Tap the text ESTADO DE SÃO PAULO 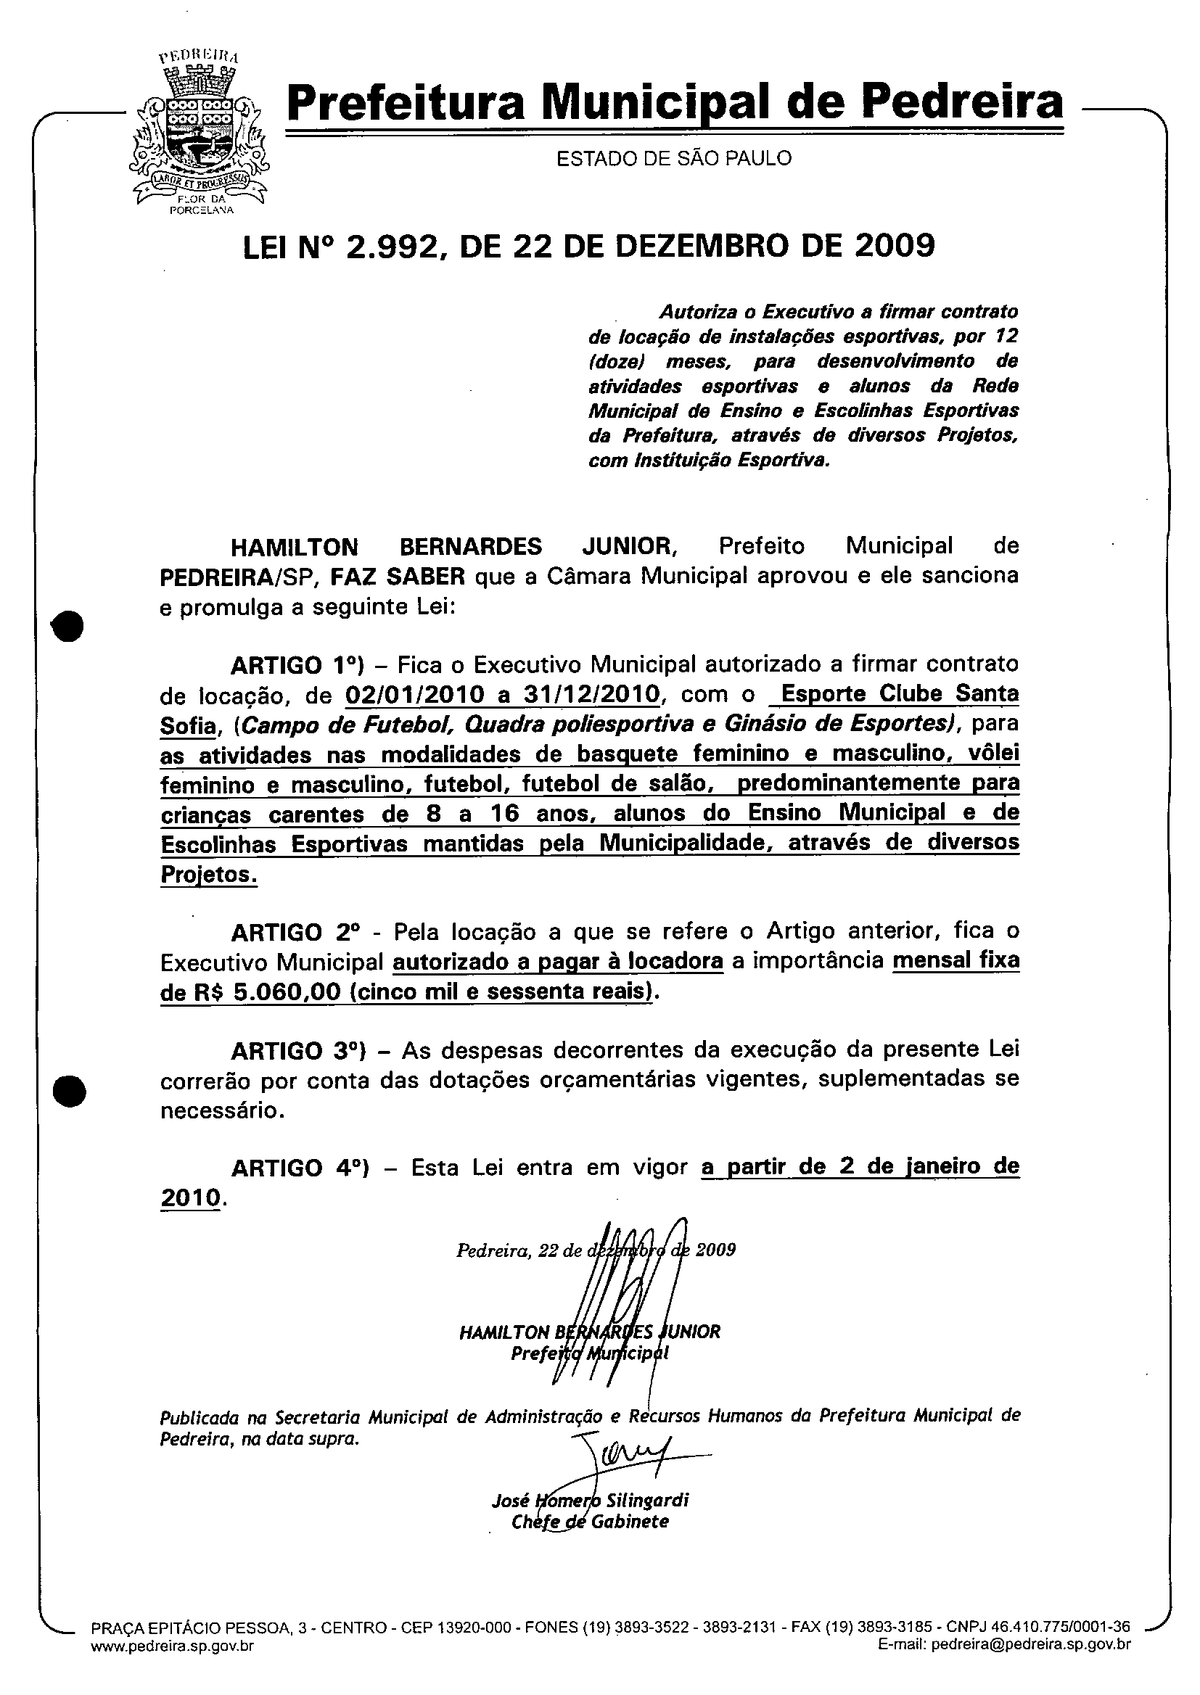673,158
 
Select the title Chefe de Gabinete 590,1522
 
